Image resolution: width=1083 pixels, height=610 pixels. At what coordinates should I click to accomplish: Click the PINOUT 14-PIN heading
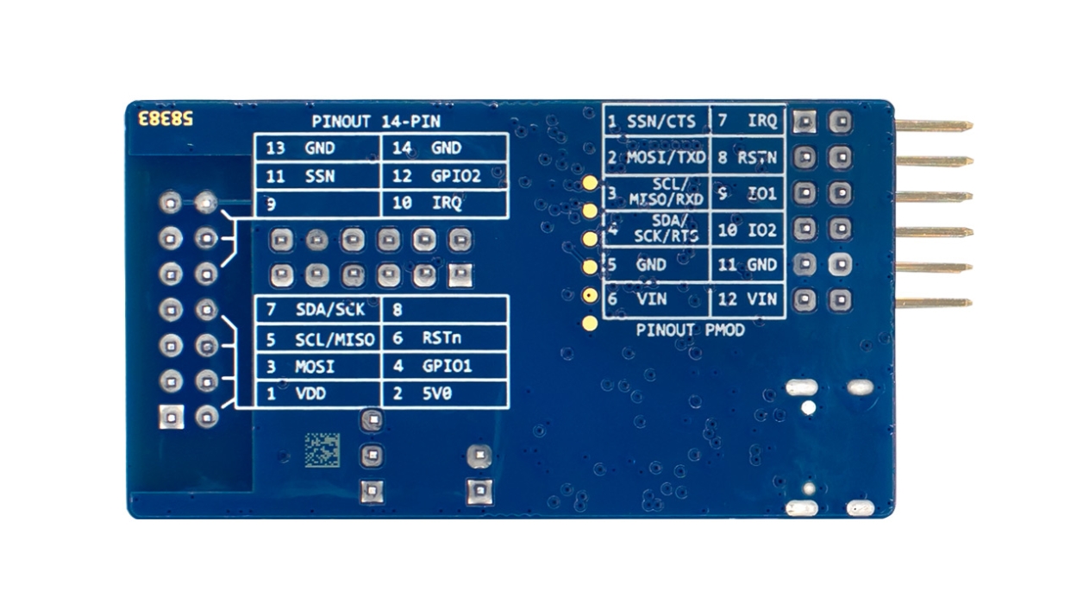[x=376, y=123]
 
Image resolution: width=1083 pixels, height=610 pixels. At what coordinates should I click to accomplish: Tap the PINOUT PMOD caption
[x=679, y=330]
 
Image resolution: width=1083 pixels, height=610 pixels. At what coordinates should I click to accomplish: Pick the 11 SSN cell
[x=317, y=177]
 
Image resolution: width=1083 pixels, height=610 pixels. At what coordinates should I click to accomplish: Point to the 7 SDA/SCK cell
[x=317, y=310]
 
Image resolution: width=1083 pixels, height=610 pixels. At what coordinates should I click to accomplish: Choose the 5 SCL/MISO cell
[x=317, y=339]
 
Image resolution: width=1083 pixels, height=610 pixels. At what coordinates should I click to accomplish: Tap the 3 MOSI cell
[x=317, y=367]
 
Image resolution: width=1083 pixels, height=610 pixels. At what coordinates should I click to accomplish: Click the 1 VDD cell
[x=317, y=394]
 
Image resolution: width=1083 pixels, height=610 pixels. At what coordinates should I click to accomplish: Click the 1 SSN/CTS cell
[x=656, y=121]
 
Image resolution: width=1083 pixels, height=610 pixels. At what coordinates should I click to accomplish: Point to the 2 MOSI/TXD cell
[x=656, y=158]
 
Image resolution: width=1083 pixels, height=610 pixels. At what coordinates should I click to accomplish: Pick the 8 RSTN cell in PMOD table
[x=748, y=158]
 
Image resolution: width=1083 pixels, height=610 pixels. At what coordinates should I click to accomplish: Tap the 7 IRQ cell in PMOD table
[x=748, y=121]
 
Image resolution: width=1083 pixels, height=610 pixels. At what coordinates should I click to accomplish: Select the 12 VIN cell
[x=748, y=300]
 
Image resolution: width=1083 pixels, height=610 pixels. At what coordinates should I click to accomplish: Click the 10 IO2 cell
[x=748, y=230]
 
